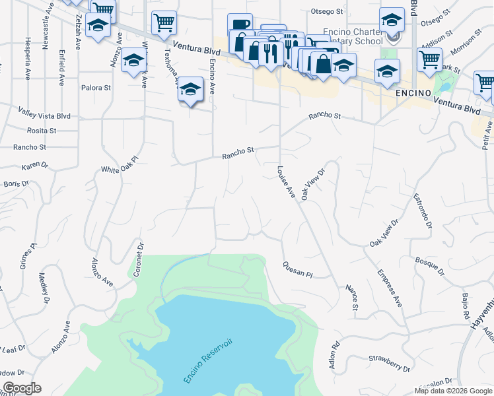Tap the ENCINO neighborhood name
413,93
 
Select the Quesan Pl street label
297,270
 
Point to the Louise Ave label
285,181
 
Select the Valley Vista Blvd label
44,115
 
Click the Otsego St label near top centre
327,11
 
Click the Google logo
21,388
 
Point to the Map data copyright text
453,390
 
